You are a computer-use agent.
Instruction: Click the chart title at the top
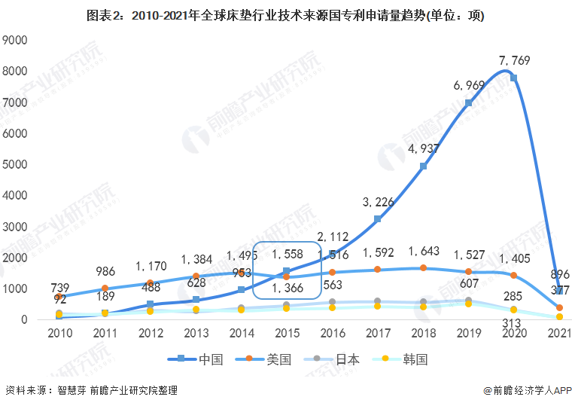[x=286, y=16]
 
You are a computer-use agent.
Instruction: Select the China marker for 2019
[x=468, y=103]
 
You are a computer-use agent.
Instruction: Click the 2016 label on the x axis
[x=332, y=334]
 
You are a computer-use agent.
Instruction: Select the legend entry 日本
[x=336, y=359]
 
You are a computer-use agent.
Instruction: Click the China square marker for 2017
[x=377, y=219]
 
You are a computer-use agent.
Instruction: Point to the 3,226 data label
[x=377, y=202]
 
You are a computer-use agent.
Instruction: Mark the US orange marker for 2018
[x=423, y=268]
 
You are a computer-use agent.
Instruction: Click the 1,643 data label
[x=422, y=252]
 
